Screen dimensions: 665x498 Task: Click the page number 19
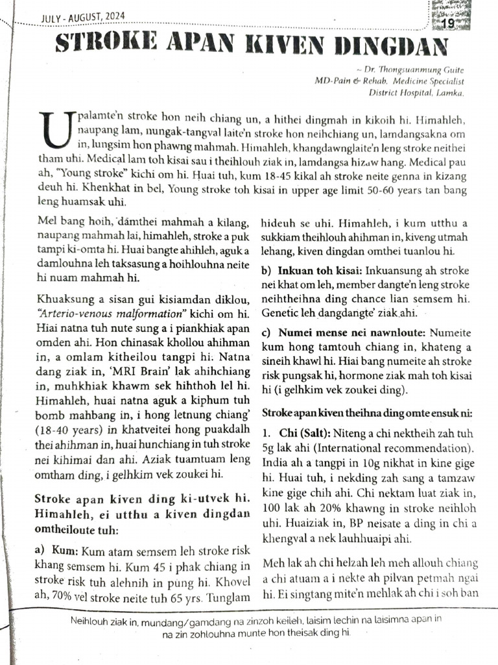click(448, 24)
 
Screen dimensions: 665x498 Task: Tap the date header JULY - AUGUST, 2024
click(83, 16)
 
